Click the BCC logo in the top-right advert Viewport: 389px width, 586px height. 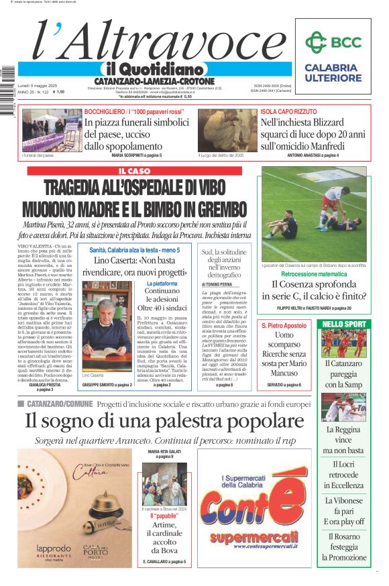pos(333,42)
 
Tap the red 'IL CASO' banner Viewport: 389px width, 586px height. pos(125,172)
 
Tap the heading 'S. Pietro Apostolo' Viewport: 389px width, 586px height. pos(284,325)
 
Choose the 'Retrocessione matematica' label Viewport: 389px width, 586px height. pos(314,274)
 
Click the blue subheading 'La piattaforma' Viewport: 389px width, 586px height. pos(162,284)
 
